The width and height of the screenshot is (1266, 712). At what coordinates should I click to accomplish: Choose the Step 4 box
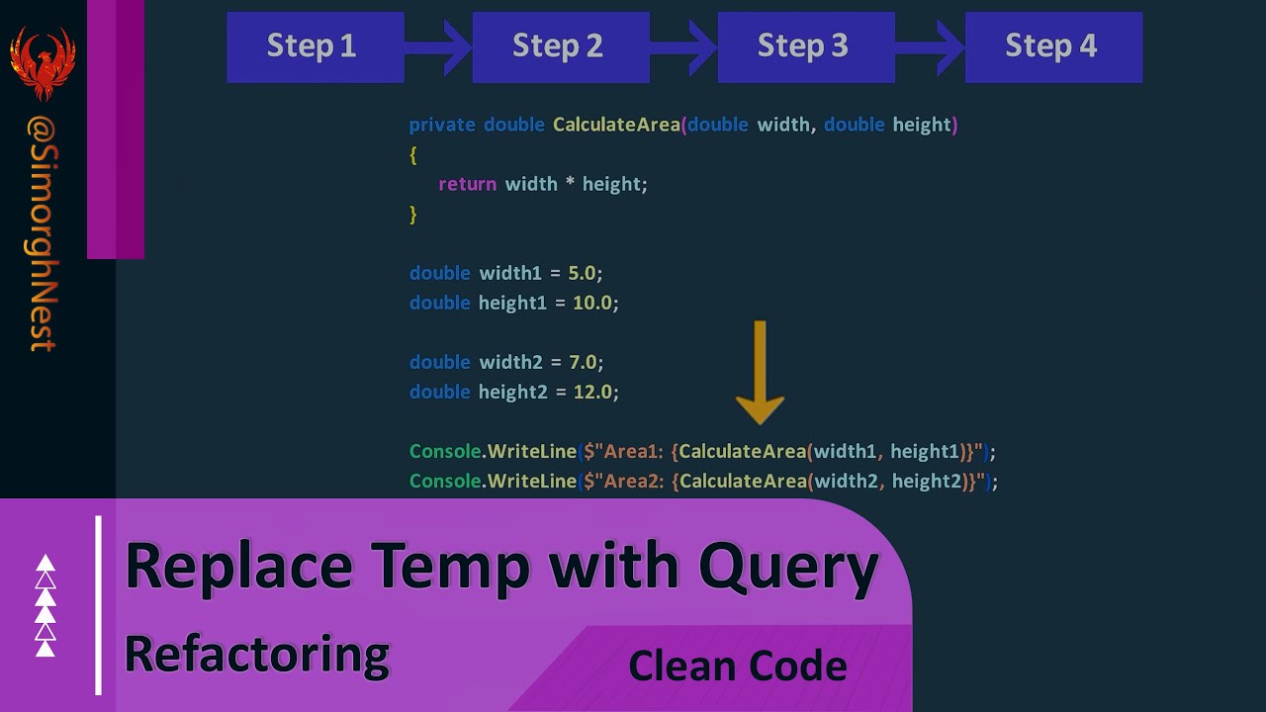click(1052, 46)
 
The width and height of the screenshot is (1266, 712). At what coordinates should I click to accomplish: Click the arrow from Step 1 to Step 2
click(441, 46)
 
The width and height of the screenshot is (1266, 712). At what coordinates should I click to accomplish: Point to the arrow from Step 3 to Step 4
click(933, 46)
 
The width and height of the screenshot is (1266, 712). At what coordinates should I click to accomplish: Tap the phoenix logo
click(43, 61)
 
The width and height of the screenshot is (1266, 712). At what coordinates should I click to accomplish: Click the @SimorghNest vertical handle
click(43, 232)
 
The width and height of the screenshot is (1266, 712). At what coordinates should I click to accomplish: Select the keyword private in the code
click(441, 125)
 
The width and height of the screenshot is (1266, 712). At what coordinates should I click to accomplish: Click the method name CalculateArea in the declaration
click(616, 125)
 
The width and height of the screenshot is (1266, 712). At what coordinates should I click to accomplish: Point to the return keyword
click(467, 184)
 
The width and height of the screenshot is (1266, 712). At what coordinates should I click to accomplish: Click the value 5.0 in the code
click(584, 273)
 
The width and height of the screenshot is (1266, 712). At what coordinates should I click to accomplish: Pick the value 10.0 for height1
click(593, 303)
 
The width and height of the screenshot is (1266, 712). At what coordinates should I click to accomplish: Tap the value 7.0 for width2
click(584, 362)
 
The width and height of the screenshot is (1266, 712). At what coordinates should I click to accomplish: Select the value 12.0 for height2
click(593, 392)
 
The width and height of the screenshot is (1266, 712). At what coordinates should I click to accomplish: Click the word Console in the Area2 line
click(445, 481)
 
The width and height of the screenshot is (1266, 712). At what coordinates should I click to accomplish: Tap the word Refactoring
click(257, 655)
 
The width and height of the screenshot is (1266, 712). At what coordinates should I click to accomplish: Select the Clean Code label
click(737, 666)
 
